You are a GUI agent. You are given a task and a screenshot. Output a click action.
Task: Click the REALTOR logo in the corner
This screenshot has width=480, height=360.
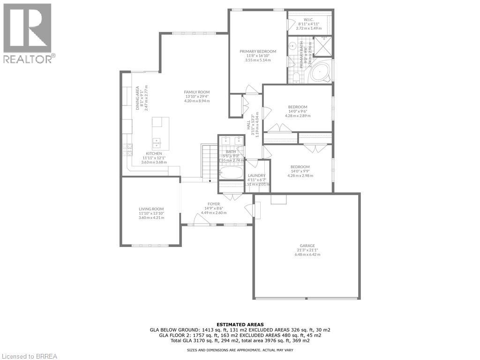tap(28, 33)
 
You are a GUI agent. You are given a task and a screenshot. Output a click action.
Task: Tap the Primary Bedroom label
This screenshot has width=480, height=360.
tap(258, 52)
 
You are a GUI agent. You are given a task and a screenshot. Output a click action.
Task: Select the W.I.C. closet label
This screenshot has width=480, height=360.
tap(308, 20)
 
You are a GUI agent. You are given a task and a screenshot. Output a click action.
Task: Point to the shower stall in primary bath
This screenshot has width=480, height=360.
tap(323, 45)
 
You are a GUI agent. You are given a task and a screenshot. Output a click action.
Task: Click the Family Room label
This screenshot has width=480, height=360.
tap(197, 92)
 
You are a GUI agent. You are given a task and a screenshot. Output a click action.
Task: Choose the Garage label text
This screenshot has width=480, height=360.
tap(307, 246)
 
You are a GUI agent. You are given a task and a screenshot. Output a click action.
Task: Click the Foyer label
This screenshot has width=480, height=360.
tap(214, 204)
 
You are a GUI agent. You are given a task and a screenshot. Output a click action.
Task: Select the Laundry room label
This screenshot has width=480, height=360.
tap(256, 176)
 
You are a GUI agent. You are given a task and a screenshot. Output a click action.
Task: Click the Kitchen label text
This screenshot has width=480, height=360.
tap(154, 154)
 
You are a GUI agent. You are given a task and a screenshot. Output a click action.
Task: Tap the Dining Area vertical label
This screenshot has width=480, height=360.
tap(138, 96)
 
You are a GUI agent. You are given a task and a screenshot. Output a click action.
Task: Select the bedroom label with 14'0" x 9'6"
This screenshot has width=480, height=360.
tap(298, 107)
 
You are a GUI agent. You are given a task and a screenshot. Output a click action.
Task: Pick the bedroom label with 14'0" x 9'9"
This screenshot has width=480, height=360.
tap(300, 167)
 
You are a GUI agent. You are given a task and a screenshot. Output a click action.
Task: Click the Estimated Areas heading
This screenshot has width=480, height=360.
tap(240, 324)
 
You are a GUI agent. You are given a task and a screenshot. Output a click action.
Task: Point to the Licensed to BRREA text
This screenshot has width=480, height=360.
tap(29, 356)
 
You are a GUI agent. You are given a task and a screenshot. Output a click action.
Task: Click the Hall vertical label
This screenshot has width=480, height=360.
tap(249, 125)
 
